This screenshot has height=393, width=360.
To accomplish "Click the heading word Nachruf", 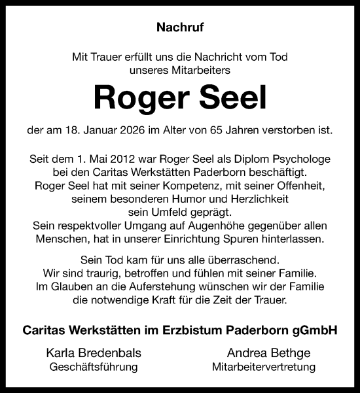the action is (x=180, y=27).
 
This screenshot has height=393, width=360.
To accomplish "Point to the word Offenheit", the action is (x=298, y=186).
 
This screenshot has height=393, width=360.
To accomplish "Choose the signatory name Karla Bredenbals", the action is (x=94, y=352).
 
